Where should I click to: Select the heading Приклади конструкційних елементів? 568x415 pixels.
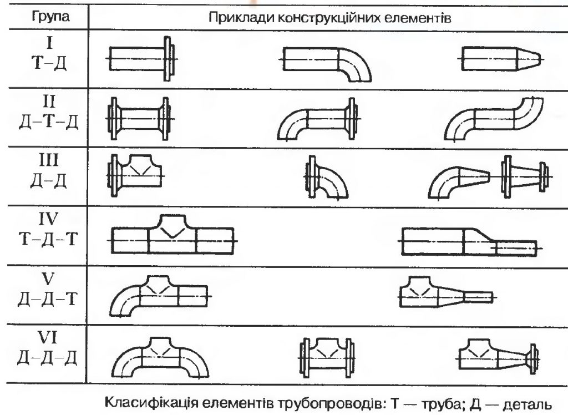coord(331,17)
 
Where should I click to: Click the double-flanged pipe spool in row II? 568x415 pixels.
coord(141,118)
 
